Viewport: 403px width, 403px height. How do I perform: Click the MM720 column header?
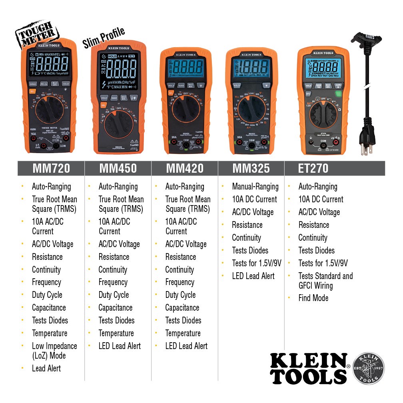point(51,168)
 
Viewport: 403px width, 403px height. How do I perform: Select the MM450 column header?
point(118,168)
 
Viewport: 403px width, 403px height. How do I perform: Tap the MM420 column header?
point(185,168)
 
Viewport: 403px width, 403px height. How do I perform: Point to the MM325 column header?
point(251,168)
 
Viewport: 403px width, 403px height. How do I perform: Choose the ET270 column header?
point(313,168)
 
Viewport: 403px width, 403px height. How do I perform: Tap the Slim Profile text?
point(104,37)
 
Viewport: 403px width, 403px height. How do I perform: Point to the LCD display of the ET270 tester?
point(323,67)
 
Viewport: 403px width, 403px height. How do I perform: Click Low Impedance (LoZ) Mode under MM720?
point(54,351)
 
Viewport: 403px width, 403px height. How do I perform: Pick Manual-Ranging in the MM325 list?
point(255,186)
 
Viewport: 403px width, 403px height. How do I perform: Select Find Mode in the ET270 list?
point(313,298)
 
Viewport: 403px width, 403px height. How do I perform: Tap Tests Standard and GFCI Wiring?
point(325,281)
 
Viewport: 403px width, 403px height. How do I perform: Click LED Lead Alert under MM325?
point(253,276)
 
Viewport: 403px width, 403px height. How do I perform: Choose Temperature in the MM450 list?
point(116,333)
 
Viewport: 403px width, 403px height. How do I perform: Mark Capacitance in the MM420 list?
point(182,307)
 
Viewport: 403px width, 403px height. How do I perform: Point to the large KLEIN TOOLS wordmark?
point(308,369)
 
